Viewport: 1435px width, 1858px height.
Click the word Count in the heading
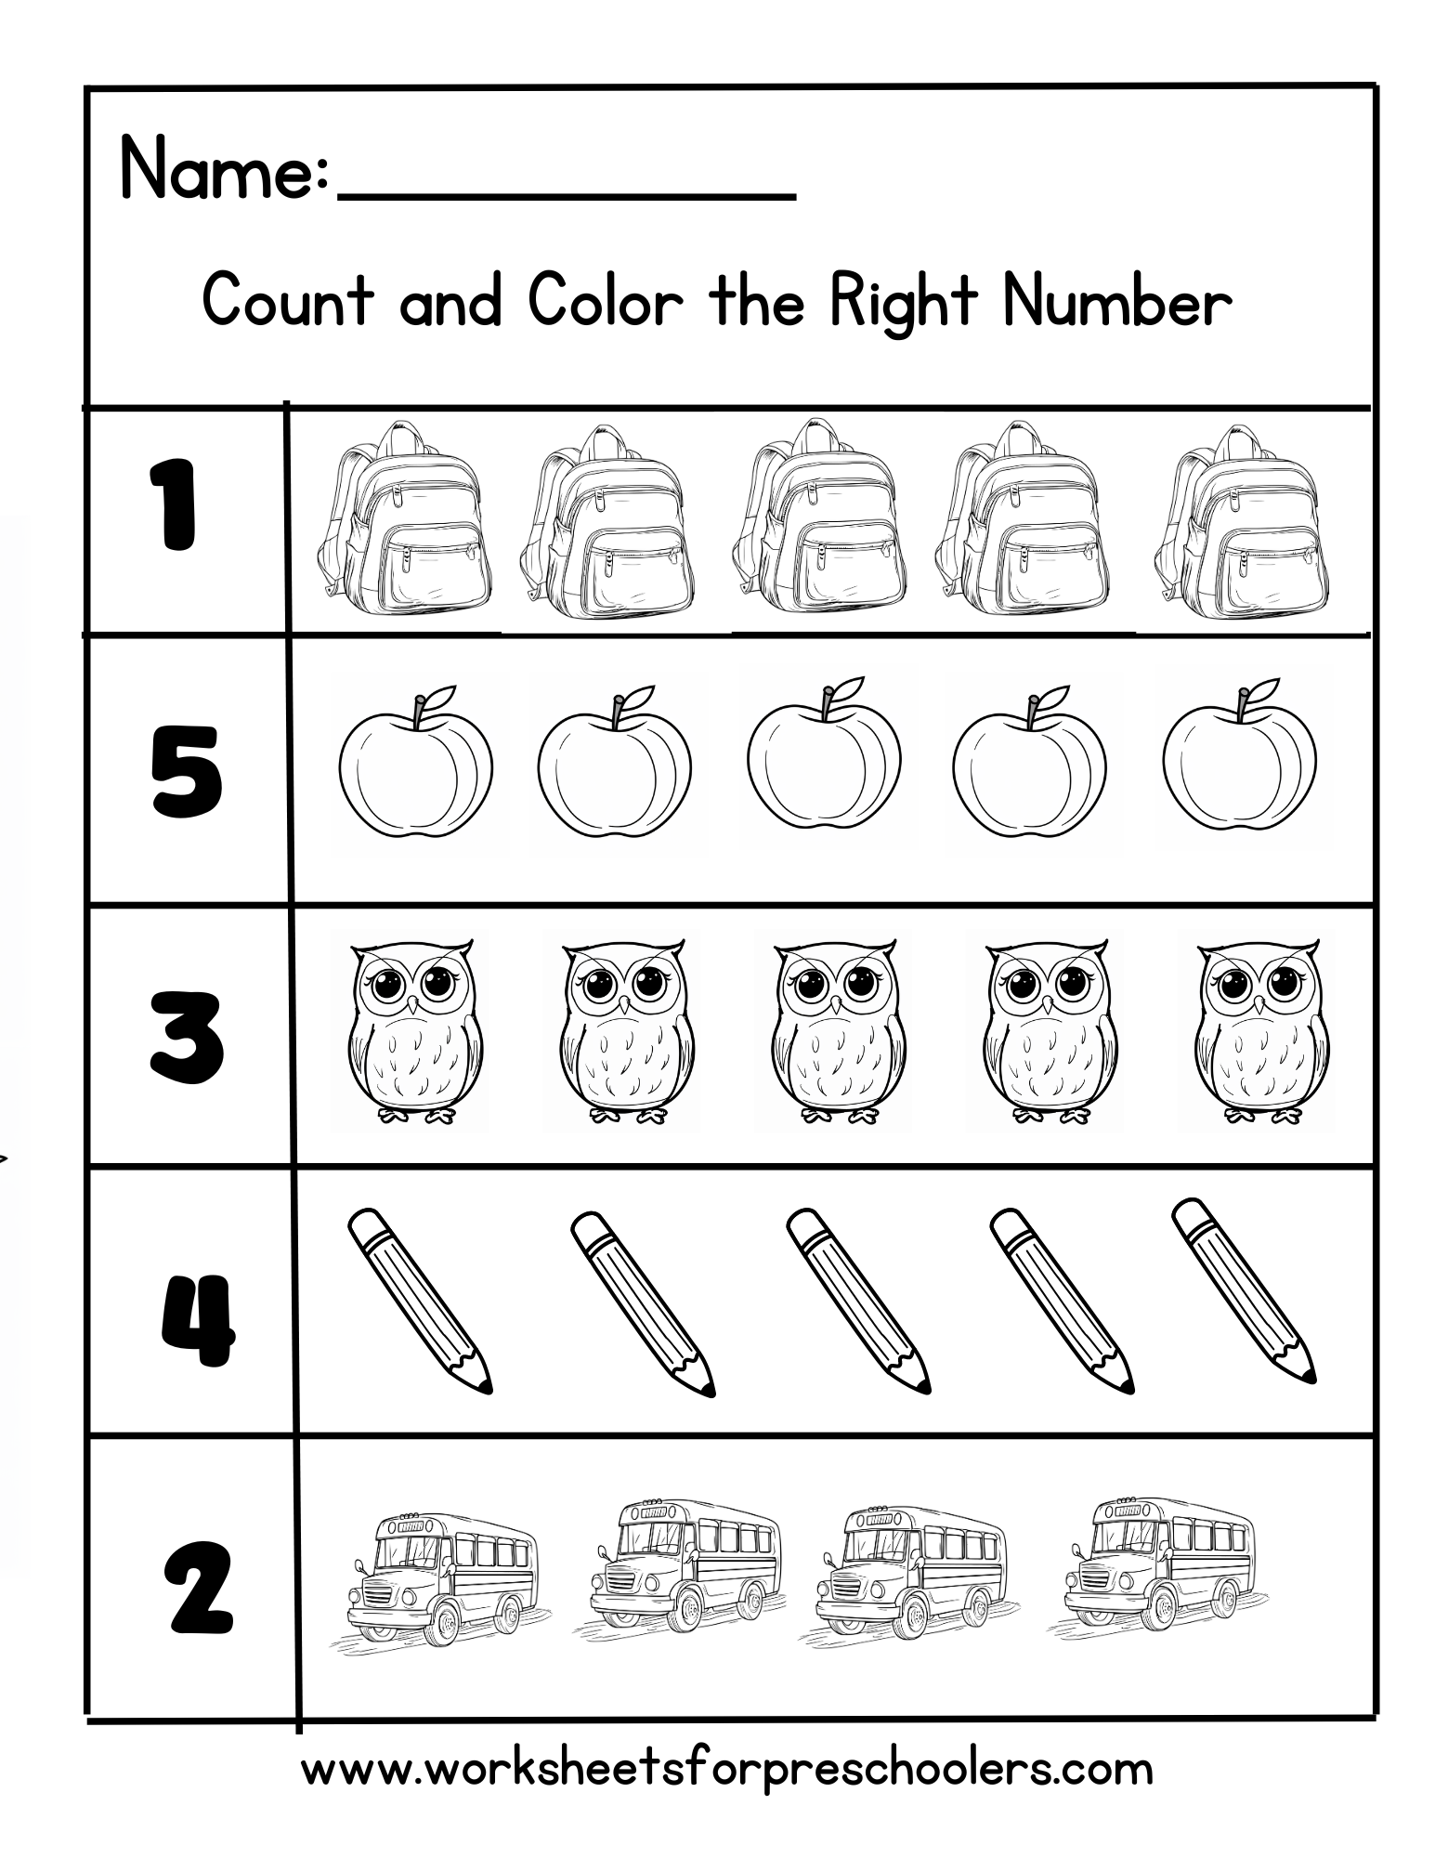click(x=288, y=301)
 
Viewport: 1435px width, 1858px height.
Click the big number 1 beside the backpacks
click(x=173, y=506)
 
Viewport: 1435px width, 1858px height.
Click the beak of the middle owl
click(x=836, y=1007)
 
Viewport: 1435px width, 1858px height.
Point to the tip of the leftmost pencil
click(x=485, y=1386)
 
